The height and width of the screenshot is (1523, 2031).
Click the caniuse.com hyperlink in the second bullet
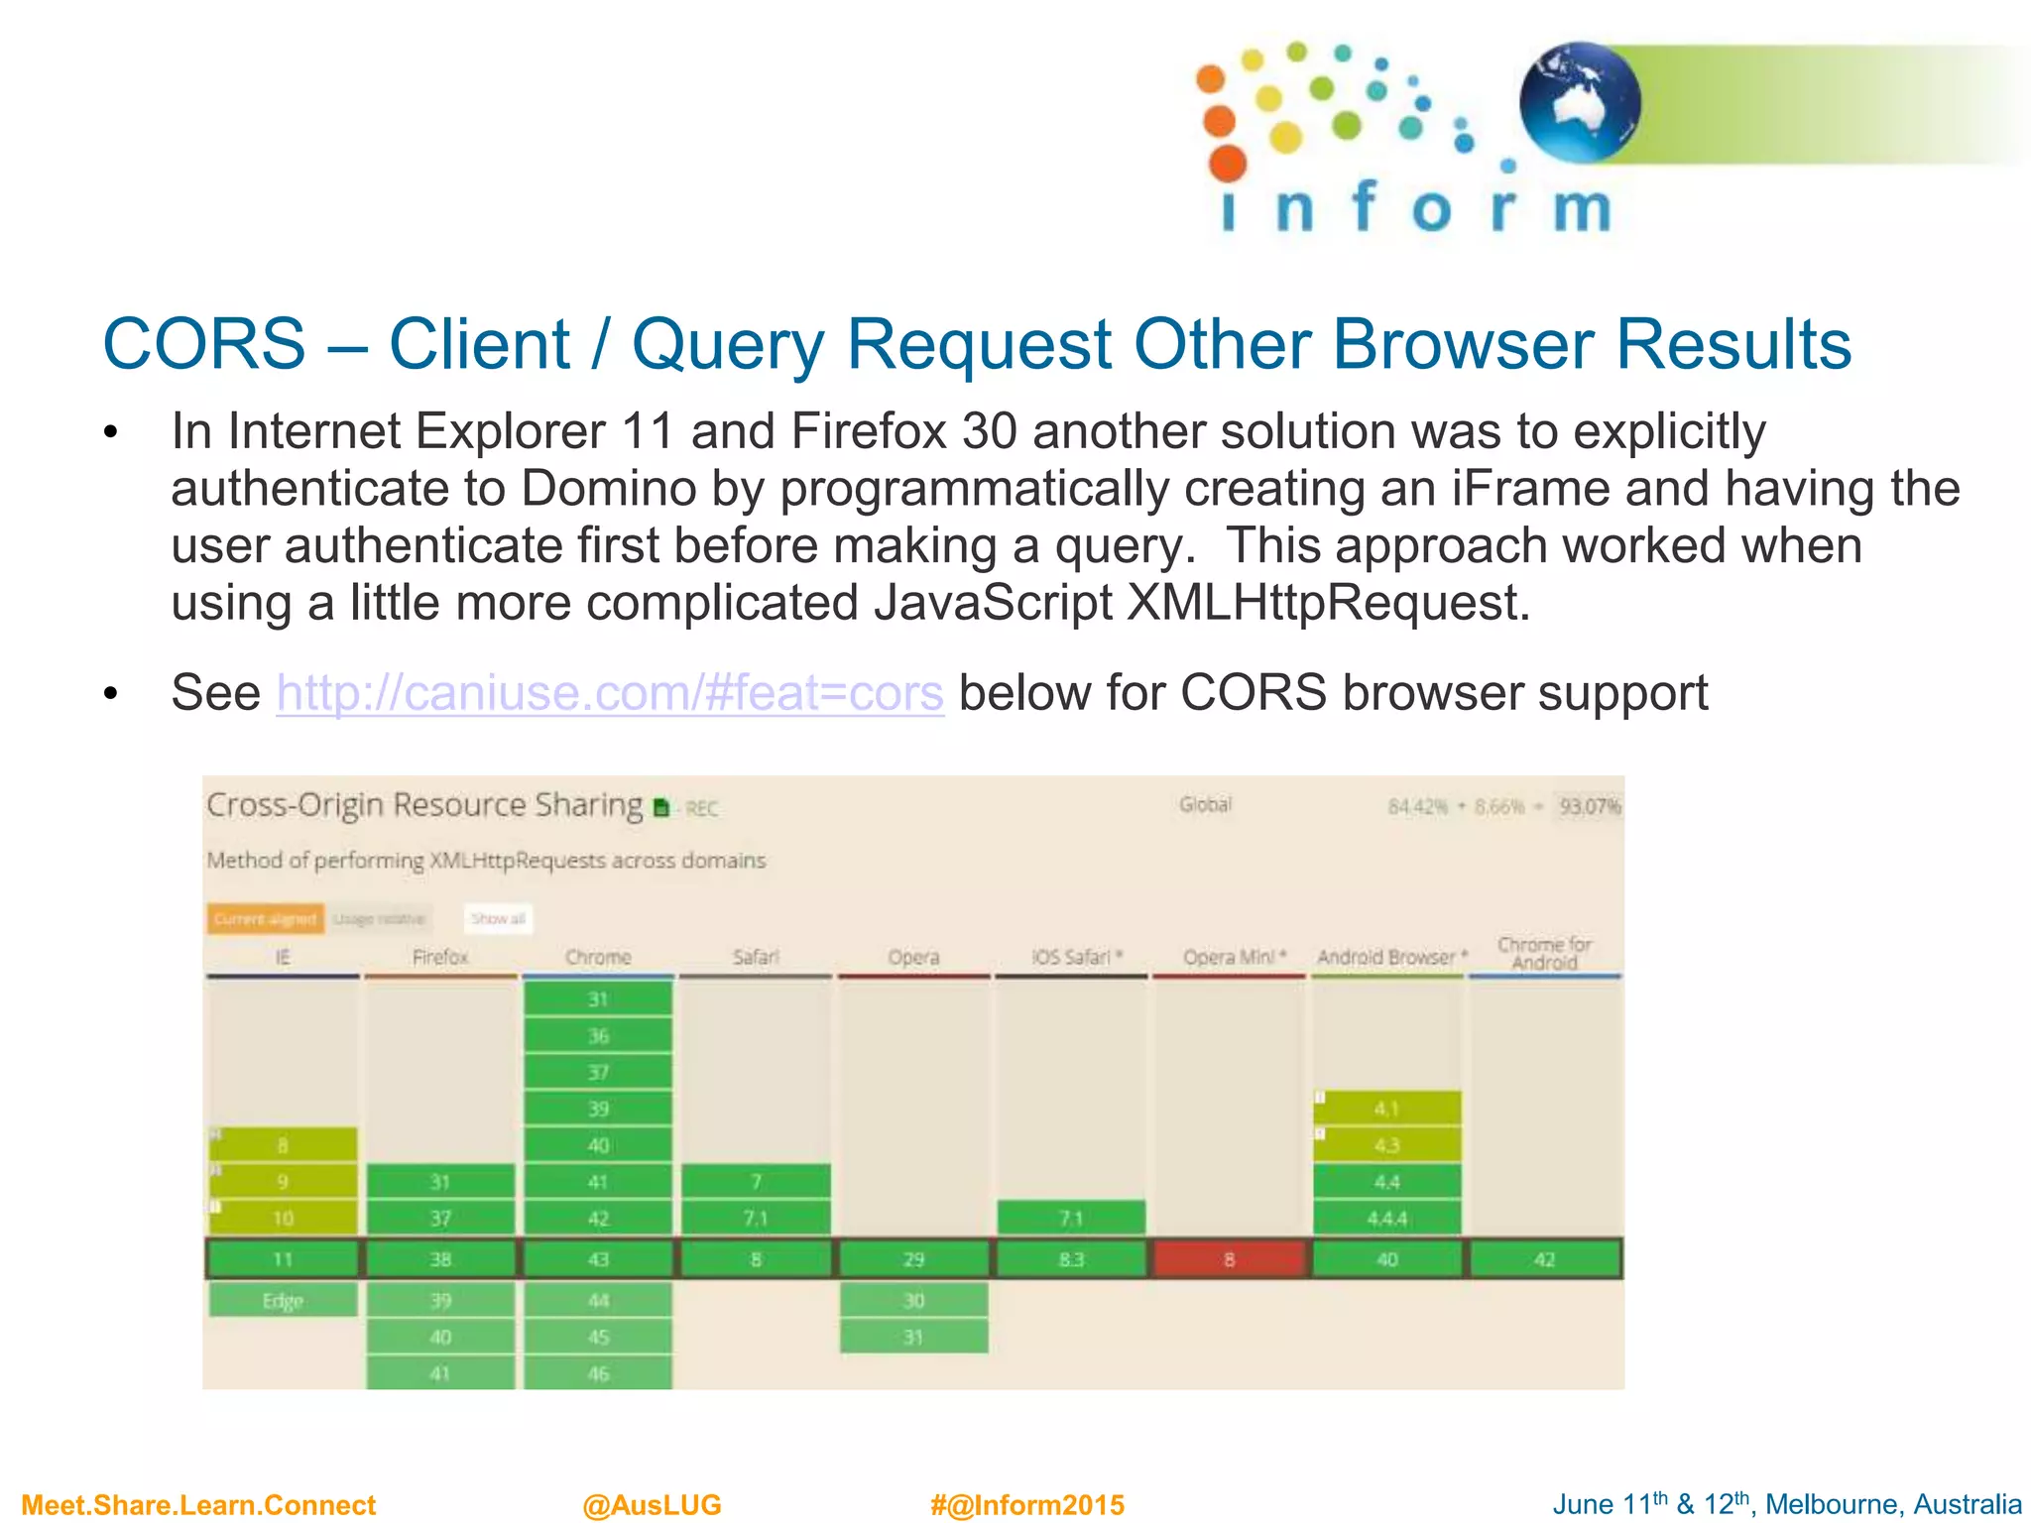(x=609, y=693)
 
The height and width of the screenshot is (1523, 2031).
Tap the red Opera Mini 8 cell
(x=1229, y=1259)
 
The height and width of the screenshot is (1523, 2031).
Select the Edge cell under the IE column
(x=283, y=1300)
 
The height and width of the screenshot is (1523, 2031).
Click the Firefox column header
(x=440, y=957)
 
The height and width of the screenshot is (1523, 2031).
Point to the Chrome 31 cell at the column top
(x=598, y=998)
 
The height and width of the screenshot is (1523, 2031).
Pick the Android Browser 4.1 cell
(x=1386, y=1109)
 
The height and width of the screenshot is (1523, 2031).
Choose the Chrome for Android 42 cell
(x=1544, y=1259)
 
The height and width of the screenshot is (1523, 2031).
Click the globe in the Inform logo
(x=1580, y=102)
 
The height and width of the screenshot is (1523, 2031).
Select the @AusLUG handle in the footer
(x=652, y=1505)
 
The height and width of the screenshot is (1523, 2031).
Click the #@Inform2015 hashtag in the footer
(x=1027, y=1505)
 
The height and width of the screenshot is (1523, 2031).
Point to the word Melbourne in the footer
(x=1828, y=1505)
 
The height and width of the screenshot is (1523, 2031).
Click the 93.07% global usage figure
(x=1589, y=806)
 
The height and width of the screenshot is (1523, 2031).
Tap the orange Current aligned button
(x=265, y=919)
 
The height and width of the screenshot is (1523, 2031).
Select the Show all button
(x=498, y=919)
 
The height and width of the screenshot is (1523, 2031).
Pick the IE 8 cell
(x=283, y=1145)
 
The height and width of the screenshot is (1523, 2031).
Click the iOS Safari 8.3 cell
(x=1071, y=1259)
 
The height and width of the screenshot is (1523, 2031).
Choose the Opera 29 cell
(x=913, y=1259)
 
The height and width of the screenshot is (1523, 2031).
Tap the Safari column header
(x=756, y=957)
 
